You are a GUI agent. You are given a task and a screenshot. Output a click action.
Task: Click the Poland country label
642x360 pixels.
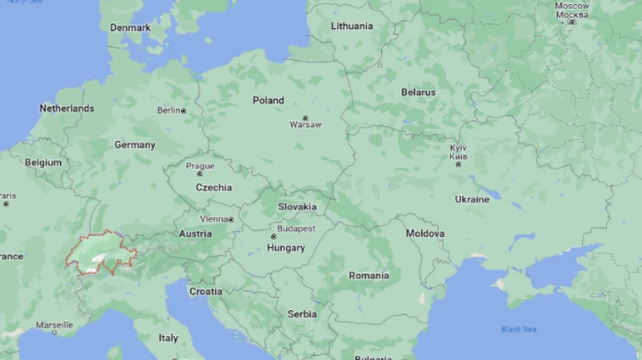[268, 100]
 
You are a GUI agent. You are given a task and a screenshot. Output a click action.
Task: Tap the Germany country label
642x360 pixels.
[135, 145]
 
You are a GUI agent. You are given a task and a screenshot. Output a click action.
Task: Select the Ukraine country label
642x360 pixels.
[472, 200]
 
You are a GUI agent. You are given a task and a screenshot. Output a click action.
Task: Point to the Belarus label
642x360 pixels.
[419, 92]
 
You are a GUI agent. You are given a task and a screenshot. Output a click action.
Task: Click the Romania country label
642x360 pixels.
[369, 276]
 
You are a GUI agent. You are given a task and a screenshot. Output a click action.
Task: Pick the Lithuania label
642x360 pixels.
[352, 26]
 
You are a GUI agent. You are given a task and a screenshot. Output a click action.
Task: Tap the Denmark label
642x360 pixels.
[131, 27]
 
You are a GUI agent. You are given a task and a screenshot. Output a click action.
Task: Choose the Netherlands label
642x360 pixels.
[67, 108]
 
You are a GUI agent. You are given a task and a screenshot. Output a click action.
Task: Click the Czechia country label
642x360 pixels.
[213, 187]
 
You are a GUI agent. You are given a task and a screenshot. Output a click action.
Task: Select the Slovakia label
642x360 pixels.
[297, 207]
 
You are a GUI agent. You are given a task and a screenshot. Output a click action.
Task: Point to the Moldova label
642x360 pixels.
[425, 234]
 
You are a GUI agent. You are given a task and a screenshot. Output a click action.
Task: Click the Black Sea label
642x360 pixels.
[519, 329]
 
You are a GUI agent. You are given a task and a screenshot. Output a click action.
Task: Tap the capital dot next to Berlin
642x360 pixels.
[183, 111]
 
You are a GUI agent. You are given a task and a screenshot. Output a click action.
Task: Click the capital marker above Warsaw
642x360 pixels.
[305, 117]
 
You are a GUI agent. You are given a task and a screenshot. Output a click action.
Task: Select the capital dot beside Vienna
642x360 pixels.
[231, 219]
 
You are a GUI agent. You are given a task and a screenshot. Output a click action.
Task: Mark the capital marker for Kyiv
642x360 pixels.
[458, 164]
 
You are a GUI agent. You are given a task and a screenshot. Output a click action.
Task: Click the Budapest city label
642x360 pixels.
[296, 228]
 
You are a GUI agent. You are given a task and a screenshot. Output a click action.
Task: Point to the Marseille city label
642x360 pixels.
[54, 325]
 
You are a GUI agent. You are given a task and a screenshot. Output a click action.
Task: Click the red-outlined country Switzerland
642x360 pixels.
[100, 254]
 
